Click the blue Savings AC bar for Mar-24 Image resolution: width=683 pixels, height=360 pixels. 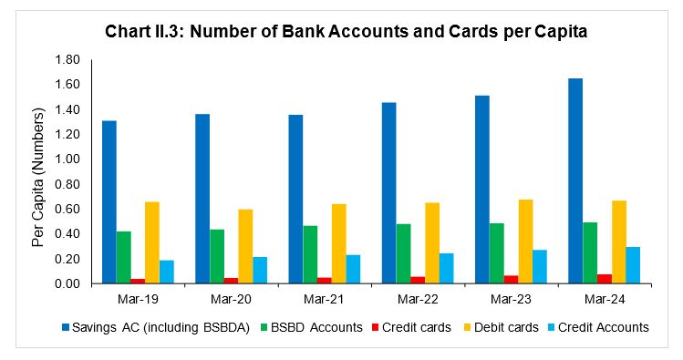click(x=575, y=181)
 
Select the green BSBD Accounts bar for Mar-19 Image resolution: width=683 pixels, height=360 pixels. click(x=123, y=258)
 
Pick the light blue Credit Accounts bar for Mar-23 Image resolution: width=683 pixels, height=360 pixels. click(x=540, y=266)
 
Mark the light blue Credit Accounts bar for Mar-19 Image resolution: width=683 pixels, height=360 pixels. click(x=166, y=272)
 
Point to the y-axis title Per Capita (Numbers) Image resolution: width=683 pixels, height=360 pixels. click(x=37, y=172)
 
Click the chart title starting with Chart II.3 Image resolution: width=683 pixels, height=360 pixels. click(x=341, y=29)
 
